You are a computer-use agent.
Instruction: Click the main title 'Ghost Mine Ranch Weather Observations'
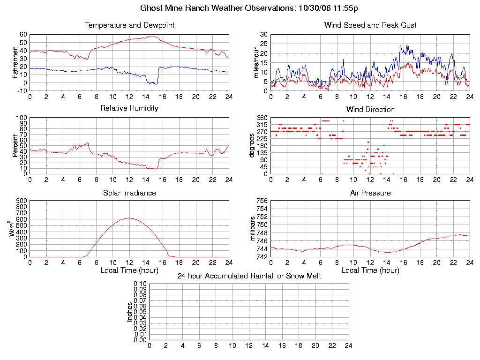point(217,8)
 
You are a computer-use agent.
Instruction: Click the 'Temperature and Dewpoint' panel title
point(129,25)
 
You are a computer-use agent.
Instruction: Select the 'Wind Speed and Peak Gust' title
point(370,25)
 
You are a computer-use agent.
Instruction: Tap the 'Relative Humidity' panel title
point(129,108)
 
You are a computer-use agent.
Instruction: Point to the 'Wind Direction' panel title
point(370,110)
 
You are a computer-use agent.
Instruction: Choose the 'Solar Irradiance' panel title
point(129,193)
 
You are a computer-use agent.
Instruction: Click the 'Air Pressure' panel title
point(370,193)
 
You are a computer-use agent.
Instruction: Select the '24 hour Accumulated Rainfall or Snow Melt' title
point(249,276)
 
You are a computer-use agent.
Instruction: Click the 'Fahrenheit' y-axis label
point(15,62)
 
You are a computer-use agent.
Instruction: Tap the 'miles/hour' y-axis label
point(256,62)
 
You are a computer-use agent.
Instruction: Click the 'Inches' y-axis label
point(130,312)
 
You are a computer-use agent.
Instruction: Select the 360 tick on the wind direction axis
point(262,118)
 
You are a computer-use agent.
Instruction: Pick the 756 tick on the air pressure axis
point(262,201)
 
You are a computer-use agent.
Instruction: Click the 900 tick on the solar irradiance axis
point(22,201)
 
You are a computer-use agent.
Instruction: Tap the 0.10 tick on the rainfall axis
point(140,284)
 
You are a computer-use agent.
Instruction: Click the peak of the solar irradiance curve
point(129,218)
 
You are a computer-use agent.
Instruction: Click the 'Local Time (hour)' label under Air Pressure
point(370,270)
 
